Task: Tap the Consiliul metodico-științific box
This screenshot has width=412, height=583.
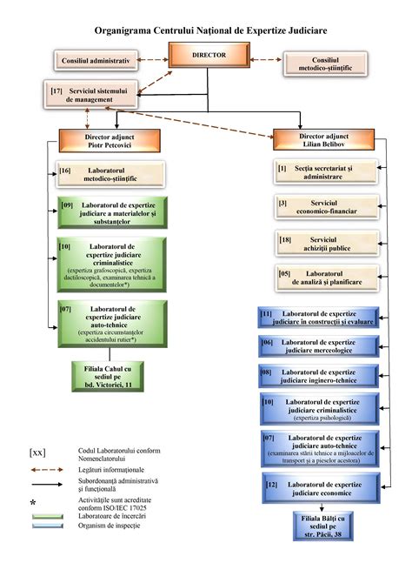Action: coord(322,62)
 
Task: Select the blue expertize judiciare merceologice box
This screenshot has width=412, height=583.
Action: coord(318,346)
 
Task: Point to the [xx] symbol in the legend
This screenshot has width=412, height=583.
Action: coord(39,452)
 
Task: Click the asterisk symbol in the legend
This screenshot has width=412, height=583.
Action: coord(33,503)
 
